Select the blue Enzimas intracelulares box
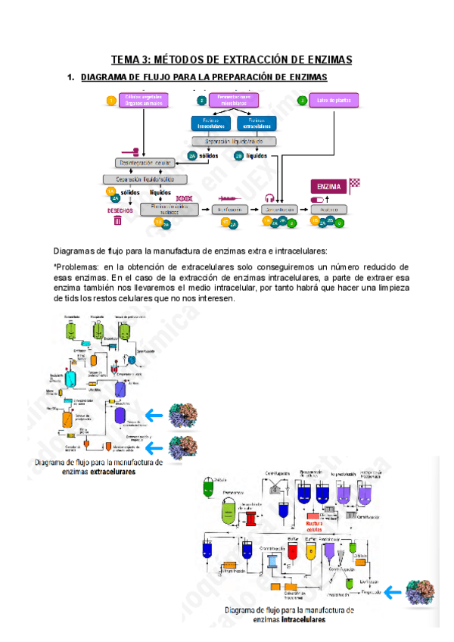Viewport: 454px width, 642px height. pyautogui.click(x=211, y=123)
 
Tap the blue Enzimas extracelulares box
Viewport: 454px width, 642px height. pyautogui.click(x=257, y=123)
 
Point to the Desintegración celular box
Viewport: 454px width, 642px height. pyautogui.click(x=145, y=163)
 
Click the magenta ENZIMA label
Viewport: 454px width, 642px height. pyautogui.click(x=329, y=185)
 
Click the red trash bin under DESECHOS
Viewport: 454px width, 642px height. pyautogui.click(x=117, y=221)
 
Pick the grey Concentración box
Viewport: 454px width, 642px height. pyautogui.click(x=278, y=208)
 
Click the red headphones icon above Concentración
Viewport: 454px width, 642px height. pyautogui.click(x=269, y=198)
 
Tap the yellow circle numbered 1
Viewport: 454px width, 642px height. pyautogui.click(x=111, y=101)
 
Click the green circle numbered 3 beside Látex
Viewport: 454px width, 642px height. pyautogui.click(x=303, y=101)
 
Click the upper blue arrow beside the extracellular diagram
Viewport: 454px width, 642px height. pyautogui.click(x=157, y=414)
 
